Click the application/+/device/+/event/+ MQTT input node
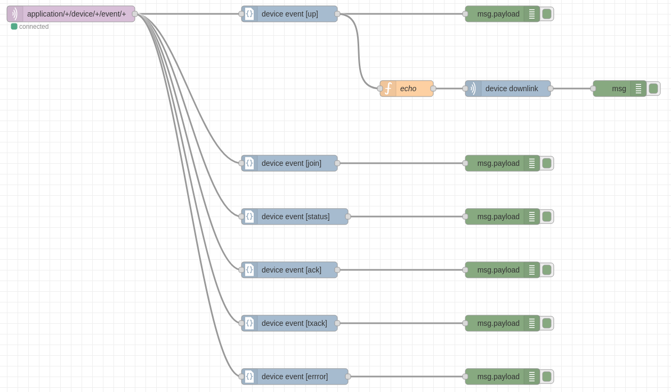click(x=71, y=14)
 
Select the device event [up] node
click(x=289, y=14)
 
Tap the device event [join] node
click(x=289, y=163)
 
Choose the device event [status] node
click(x=295, y=217)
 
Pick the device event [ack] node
click(x=289, y=270)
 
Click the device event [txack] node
click(x=289, y=323)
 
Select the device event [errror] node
click(x=295, y=377)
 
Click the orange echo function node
click(x=407, y=89)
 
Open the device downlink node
click(x=508, y=89)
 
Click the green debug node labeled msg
click(x=619, y=89)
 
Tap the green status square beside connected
click(x=14, y=27)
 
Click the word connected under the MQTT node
click(x=34, y=27)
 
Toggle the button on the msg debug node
click(x=653, y=89)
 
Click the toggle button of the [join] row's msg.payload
click(x=547, y=163)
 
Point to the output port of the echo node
click(x=433, y=89)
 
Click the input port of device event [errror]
click(x=241, y=377)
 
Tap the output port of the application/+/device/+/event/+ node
click(x=135, y=14)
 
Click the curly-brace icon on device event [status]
click(x=249, y=217)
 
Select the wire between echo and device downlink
click(x=449, y=89)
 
